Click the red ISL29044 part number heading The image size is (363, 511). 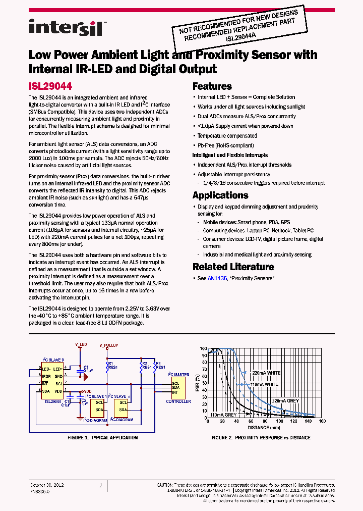(50, 86)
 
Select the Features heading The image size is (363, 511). (212, 86)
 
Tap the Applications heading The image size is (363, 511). (220, 195)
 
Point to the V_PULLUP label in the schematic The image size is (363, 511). (108, 345)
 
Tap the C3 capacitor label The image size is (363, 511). (86, 367)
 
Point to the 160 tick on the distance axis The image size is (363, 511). (322, 421)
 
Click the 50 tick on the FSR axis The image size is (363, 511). (204, 383)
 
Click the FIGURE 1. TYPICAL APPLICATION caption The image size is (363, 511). (102, 438)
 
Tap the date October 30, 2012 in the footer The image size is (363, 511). (47, 485)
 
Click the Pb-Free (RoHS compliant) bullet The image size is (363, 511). (226, 145)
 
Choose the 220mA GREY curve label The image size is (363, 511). (285, 400)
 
